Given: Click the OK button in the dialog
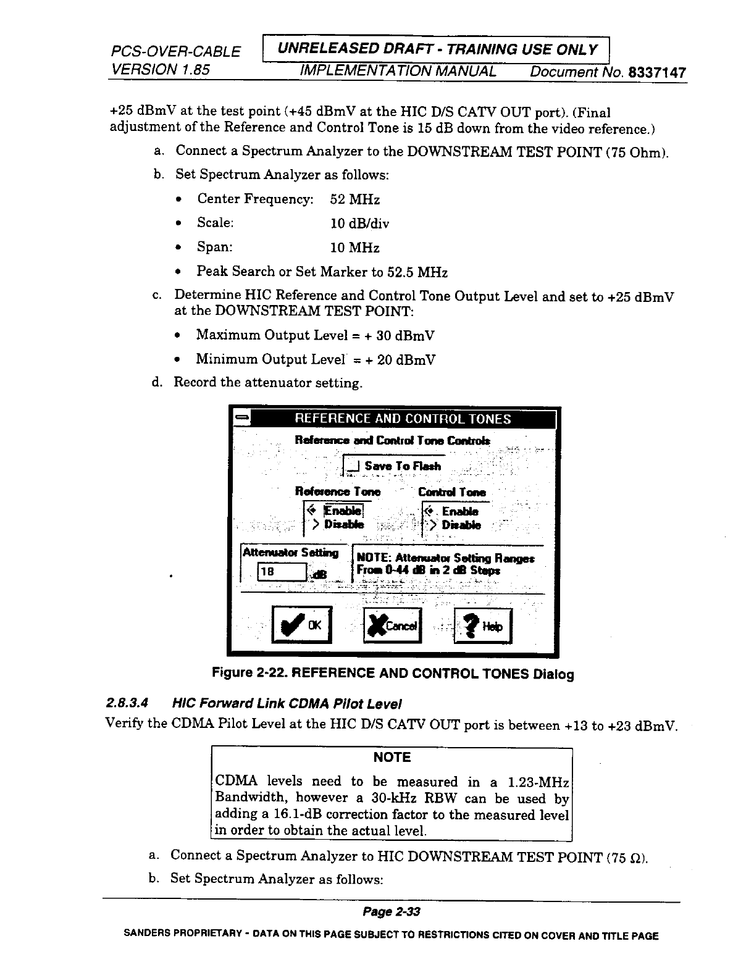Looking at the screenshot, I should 301,625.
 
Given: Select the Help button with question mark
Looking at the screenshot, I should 483,626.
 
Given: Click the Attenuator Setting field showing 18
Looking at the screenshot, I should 282,572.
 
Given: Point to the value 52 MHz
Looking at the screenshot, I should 355,199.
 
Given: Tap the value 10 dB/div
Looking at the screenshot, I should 360,224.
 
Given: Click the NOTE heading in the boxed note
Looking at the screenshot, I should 392,758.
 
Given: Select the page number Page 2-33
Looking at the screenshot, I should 391,912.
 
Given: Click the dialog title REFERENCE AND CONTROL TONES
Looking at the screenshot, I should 403,419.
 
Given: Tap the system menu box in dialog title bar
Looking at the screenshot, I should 240,419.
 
